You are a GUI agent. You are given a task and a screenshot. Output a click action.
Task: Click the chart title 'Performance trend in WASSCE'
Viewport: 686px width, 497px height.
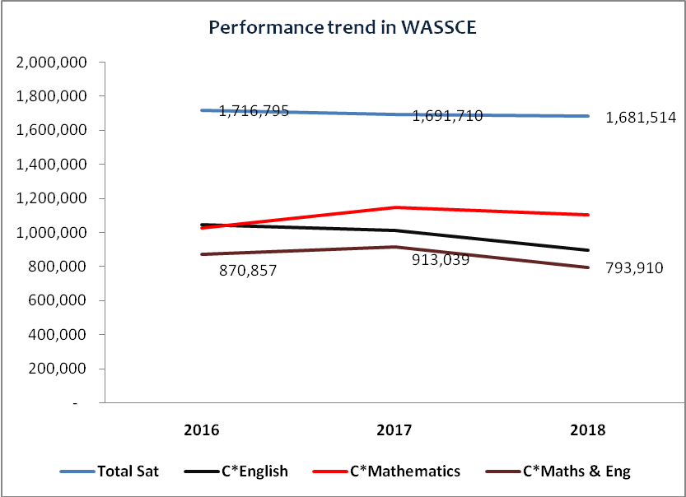tap(343, 28)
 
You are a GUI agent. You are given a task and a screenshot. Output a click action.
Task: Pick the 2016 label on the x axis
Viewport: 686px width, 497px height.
tap(201, 430)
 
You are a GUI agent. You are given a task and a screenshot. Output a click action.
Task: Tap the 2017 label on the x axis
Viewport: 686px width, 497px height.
tap(394, 430)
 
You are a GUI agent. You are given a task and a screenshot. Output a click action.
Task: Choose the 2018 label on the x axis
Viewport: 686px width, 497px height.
tap(588, 430)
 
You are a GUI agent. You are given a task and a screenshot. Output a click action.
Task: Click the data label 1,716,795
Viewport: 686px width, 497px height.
tap(254, 111)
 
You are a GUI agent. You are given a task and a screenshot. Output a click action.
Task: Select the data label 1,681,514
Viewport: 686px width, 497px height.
tap(641, 118)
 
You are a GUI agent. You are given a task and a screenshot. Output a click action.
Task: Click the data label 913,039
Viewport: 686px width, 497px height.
tap(440, 260)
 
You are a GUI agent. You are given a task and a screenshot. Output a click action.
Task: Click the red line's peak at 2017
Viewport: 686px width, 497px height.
tap(394, 207)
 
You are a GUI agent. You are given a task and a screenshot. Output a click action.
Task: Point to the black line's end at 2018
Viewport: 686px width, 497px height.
tap(588, 250)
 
